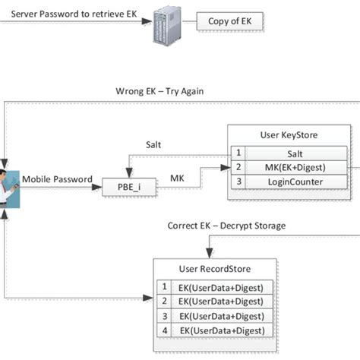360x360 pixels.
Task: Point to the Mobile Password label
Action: (57, 179)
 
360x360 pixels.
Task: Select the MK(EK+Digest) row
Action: (291, 169)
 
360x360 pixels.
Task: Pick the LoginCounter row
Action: (291, 183)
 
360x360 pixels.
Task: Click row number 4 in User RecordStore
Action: (163, 330)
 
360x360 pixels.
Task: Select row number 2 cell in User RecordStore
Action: (163, 302)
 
